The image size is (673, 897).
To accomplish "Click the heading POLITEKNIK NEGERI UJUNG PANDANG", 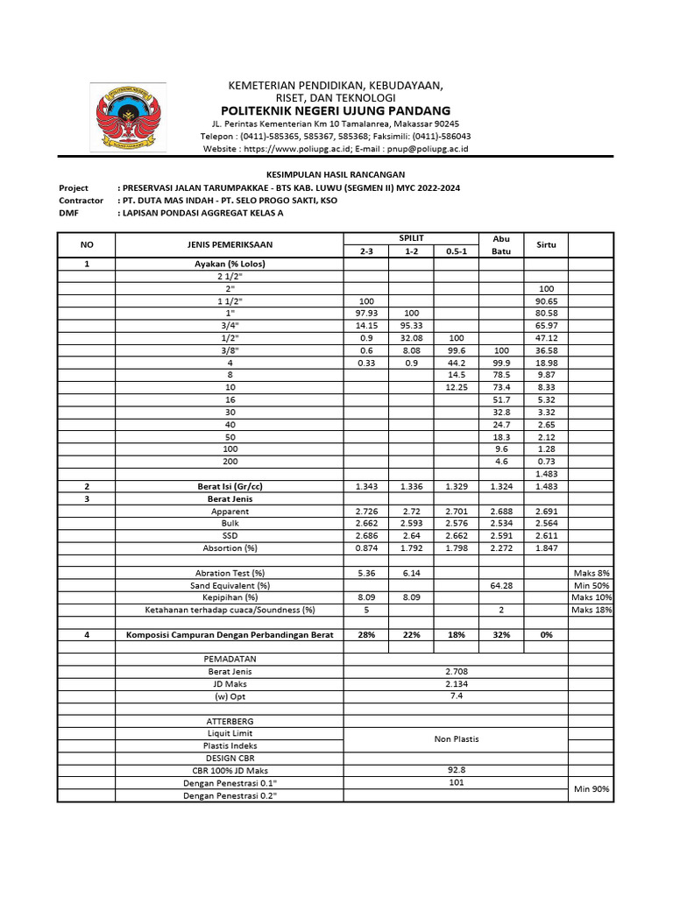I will tap(336, 110).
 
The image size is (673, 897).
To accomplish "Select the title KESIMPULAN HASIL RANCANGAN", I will tap(336, 175).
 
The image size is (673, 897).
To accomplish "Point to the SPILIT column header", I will tap(410, 238).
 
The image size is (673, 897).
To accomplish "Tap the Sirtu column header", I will tap(546, 245).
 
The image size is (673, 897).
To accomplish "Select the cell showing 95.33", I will tap(410, 325).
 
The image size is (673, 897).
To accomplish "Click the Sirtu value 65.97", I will tap(546, 325).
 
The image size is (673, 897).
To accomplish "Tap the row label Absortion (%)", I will tap(230, 547).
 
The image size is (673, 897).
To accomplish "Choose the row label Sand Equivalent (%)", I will tap(230, 584).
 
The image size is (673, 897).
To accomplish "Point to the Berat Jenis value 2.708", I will tap(456, 671).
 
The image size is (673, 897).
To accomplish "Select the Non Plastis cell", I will tap(456, 738).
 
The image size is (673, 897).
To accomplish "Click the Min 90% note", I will tap(592, 789).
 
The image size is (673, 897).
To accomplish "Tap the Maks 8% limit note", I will tap(592, 572).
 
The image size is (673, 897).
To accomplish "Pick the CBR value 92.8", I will tap(456, 770).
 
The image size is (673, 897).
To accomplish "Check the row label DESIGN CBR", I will tap(230, 758).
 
